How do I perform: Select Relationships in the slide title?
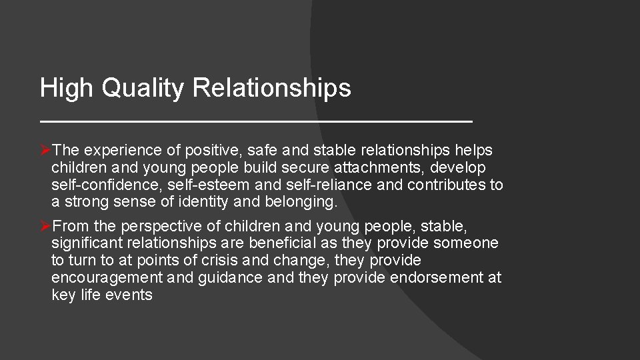272,88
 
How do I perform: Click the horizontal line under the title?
256,122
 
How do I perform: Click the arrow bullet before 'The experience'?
45,151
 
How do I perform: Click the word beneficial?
330,243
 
